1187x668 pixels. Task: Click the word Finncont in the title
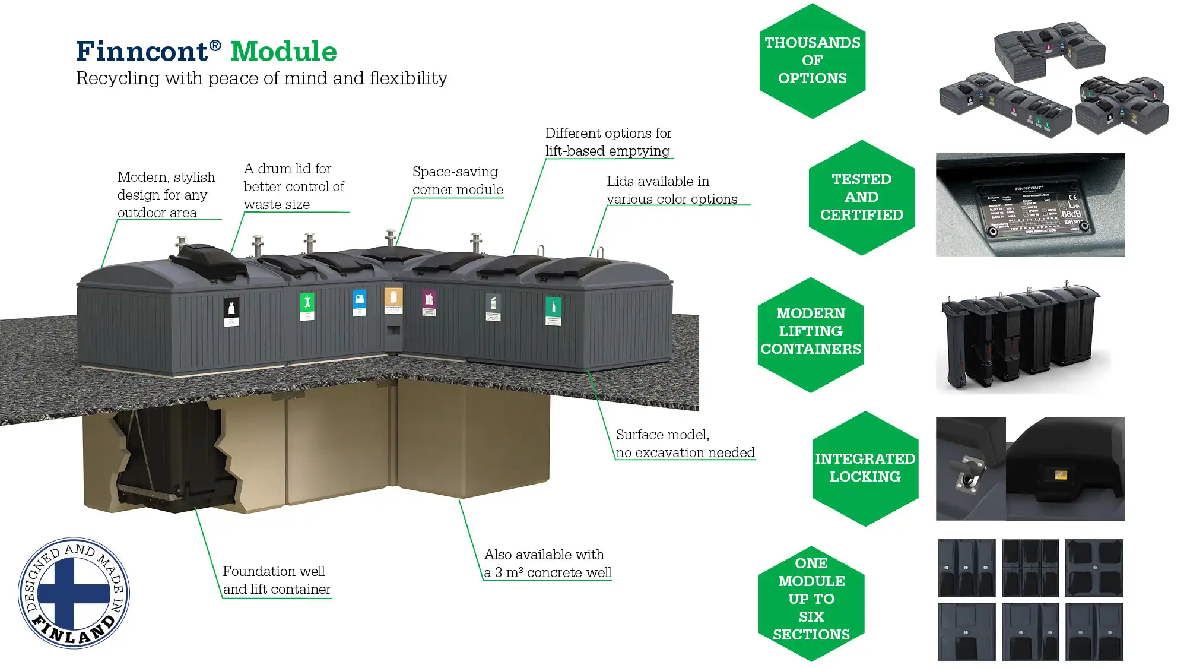[142, 52]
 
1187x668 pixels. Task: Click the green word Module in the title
[283, 52]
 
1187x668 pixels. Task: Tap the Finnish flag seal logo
[74, 593]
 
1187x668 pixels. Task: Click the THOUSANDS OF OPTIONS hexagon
[812, 61]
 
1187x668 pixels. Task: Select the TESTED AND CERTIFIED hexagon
[861, 197]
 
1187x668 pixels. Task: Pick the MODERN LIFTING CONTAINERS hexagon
[810, 331]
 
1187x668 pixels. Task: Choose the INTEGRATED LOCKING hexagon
[865, 468]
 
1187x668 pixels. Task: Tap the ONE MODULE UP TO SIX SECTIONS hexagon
[811, 599]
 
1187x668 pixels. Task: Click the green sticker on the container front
[307, 305]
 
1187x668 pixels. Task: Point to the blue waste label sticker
[359, 302]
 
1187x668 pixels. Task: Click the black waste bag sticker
[231, 312]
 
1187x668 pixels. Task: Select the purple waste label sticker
[429, 302]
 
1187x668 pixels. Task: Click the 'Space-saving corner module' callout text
[458, 181]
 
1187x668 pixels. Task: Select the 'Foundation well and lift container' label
[276, 580]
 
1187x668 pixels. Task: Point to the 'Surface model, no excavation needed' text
[685, 444]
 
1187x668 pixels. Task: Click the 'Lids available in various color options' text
[672, 190]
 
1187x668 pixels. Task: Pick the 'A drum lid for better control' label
[293, 186]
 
